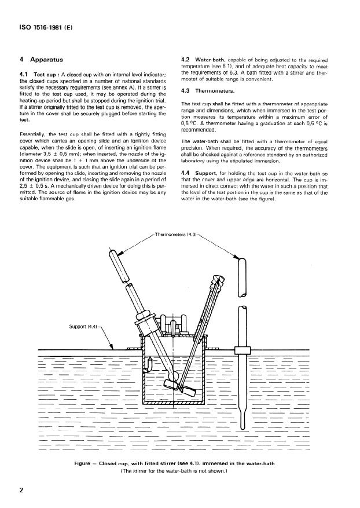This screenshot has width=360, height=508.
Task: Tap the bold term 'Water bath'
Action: pos(212,60)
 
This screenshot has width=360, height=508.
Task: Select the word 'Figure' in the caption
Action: pos(85,463)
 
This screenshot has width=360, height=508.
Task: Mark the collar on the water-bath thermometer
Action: pos(240,350)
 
